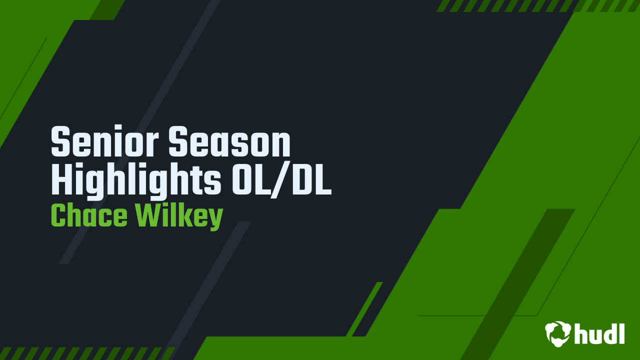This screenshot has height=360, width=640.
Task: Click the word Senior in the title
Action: coord(104,141)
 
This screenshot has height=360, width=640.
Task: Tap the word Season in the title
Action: coord(229,141)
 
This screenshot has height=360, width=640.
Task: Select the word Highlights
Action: coord(136,180)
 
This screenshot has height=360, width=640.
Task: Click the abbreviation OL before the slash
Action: coord(250,179)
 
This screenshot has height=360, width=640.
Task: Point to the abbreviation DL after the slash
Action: coord(312,179)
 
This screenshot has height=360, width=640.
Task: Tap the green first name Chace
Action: coord(89,215)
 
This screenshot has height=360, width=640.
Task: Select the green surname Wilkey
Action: coord(179,216)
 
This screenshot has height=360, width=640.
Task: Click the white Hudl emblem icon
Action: coord(558,333)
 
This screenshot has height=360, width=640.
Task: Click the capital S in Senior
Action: coord(60,141)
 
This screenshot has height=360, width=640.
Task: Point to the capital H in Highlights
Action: coord(61,179)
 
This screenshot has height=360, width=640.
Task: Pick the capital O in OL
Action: coord(241,179)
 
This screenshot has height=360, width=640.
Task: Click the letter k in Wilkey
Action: coord(182,215)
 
